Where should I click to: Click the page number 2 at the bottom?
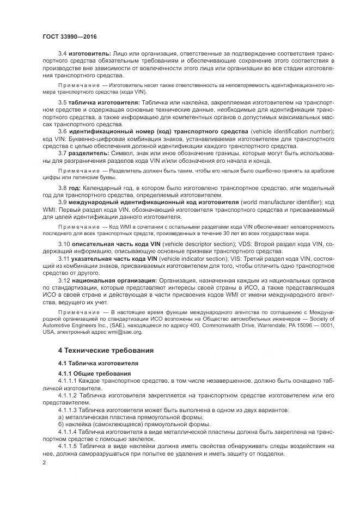44,462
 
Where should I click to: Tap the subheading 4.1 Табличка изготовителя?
98,363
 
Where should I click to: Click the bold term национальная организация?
113,278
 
